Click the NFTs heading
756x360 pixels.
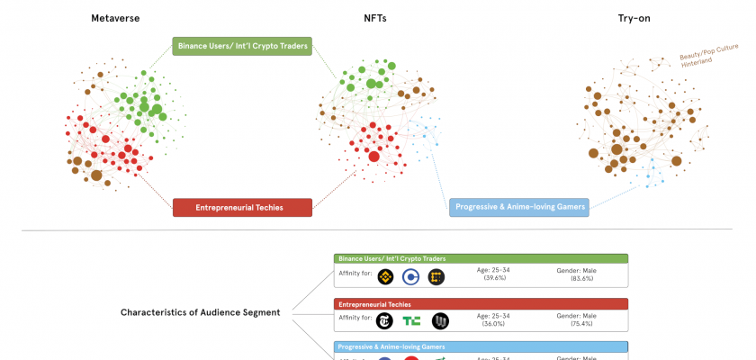[375, 19]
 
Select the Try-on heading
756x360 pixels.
[634, 19]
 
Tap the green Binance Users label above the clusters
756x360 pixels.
[242, 46]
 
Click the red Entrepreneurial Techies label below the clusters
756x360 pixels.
[242, 207]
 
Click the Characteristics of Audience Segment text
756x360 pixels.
[201, 312]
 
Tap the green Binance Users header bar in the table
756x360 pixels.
[481, 258]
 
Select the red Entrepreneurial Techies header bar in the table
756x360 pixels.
[481, 304]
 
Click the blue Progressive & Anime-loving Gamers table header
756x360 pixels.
[481, 346]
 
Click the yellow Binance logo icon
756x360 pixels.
[387, 276]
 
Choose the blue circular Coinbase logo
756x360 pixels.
[411, 276]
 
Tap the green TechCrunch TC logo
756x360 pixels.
[411, 320]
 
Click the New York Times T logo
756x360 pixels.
[387, 320]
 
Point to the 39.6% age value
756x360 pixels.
[494, 278]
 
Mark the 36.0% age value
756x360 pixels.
[494, 323]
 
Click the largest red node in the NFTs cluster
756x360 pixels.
[374, 157]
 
